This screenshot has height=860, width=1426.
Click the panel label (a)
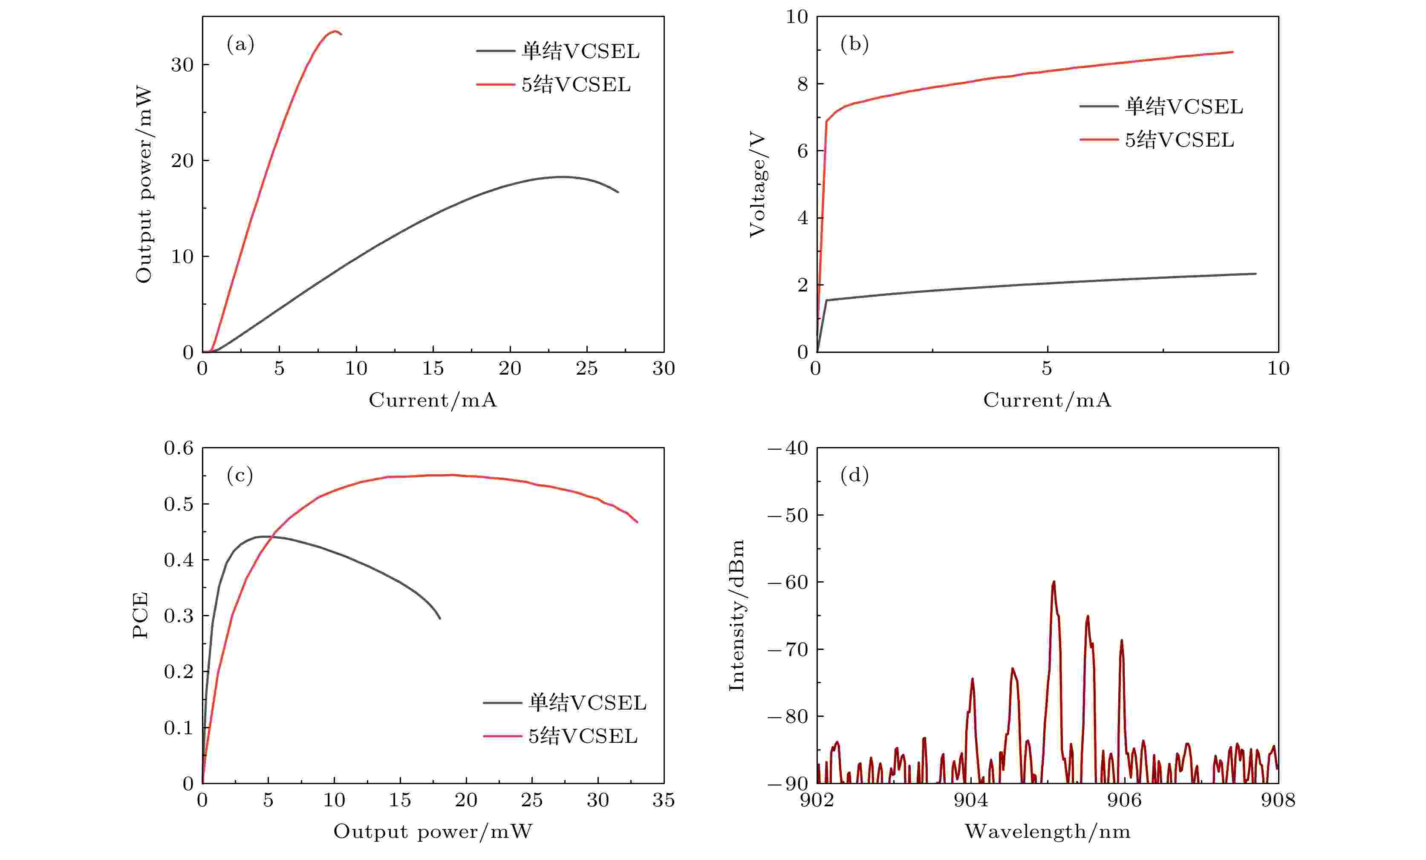(240, 44)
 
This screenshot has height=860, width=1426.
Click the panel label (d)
(854, 475)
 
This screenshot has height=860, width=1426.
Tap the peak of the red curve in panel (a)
(335, 31)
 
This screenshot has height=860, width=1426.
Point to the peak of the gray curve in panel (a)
(561, 176)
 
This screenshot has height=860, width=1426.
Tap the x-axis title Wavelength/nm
(1047, 831)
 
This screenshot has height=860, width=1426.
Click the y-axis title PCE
(141, 615)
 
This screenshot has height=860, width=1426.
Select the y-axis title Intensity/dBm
(736, 615)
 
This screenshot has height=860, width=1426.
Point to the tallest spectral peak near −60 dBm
(1053, 582)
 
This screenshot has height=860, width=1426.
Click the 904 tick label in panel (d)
(970, 800)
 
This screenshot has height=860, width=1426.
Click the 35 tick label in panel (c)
(663, 800)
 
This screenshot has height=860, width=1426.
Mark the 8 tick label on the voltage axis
(802, 84)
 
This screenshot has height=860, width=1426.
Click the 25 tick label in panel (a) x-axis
(586, 368)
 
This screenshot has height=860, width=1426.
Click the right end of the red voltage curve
(1233, 52)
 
